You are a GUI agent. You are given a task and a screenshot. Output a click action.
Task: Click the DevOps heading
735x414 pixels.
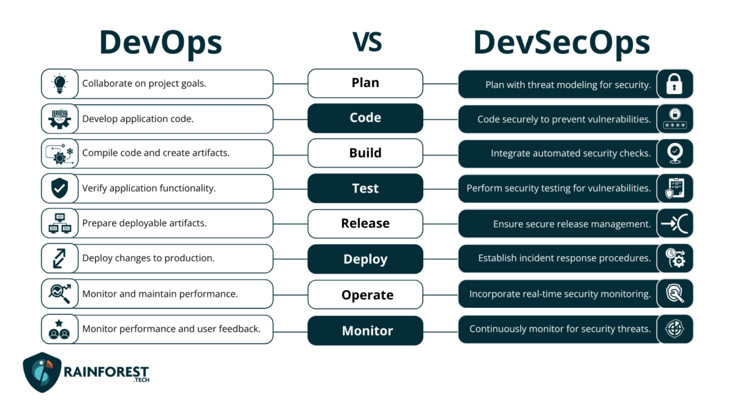tap(160, 44)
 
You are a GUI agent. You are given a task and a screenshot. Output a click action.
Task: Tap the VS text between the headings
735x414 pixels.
tap(367, 42)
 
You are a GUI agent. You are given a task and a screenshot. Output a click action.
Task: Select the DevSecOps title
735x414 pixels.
tap(562, 44)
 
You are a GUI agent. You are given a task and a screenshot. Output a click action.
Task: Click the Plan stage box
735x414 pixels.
tap(365, 83)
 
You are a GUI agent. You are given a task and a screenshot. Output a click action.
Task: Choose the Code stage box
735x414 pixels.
tap(365, 118)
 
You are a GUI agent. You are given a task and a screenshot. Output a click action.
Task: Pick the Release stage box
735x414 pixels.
tap(365, 224)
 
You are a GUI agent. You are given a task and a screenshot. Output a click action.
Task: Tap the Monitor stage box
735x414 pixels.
tap(365, 331)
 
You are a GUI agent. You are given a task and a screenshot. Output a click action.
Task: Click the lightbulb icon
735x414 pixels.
tap(60, 84)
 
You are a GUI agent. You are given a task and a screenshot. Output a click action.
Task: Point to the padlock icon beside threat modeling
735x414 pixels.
tap(674, 84)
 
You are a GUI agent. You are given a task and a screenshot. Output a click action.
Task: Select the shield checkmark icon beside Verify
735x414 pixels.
tap(60, 188)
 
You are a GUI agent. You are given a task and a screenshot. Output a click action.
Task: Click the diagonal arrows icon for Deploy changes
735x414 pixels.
tap(59, 259)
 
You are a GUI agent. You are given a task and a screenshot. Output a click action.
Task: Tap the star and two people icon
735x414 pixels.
tap(59, 329)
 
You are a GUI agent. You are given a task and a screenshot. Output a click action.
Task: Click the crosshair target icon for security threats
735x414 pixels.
tap(674, 329)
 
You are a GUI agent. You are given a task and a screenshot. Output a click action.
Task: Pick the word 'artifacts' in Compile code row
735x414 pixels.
tap(211, 153)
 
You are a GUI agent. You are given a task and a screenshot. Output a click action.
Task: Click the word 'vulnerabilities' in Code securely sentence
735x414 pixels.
tap(619, 119)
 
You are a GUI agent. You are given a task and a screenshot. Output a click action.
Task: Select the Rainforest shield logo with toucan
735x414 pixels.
tap(42, 372)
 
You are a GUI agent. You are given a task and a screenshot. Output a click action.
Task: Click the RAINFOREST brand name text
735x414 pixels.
tap(106, 372)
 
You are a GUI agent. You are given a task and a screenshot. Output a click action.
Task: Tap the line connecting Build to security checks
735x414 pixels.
tap(440, 155)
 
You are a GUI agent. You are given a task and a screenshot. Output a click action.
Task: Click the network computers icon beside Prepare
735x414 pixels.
tap(60, 224)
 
